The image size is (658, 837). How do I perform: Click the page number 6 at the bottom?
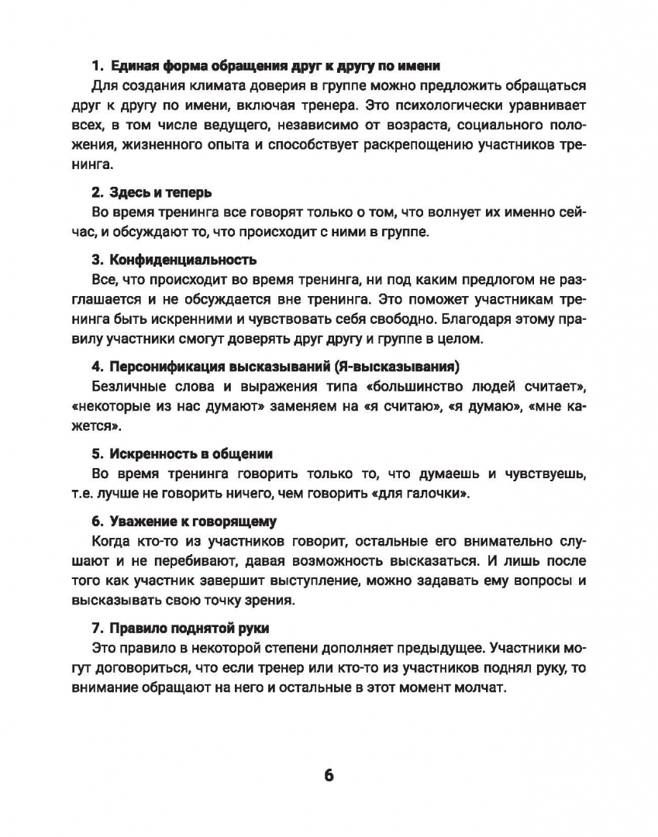pyautogui.click(x=328, y=775)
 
